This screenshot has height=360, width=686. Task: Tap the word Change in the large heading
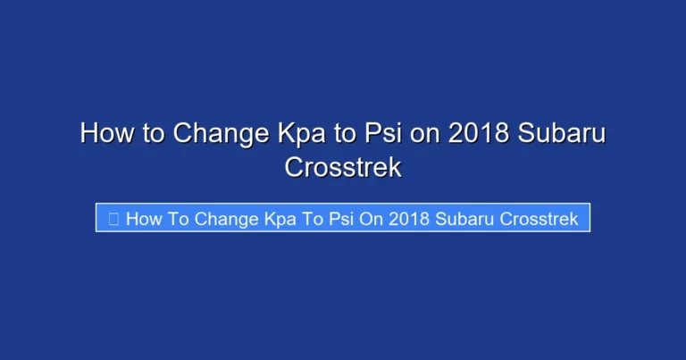coord(213,134)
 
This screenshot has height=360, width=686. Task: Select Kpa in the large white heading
coord(297,134)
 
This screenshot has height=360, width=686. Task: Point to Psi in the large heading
coord(389,134)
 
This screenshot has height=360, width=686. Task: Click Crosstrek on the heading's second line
coord(343,167)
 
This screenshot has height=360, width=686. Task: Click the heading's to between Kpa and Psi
coord(347,134)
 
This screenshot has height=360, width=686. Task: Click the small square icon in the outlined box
coord(113,219)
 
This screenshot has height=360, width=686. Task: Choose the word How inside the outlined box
coord(143,219)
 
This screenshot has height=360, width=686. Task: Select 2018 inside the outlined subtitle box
coord(410,219)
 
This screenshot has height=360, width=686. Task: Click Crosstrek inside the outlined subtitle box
coord(540,219)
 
